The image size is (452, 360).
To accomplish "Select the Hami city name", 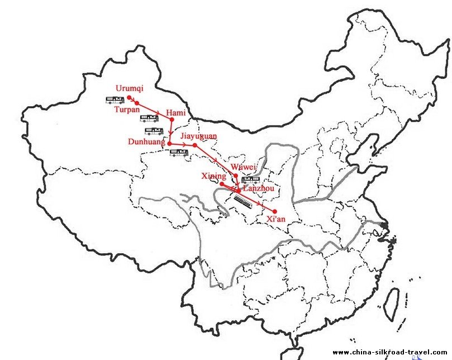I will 175,113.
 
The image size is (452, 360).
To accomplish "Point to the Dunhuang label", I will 146,143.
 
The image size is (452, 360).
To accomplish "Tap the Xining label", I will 213,177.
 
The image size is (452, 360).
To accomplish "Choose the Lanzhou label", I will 259,189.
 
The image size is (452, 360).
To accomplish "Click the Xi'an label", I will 277,219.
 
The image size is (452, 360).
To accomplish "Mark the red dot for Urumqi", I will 129,97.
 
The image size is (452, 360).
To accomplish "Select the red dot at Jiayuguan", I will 194,145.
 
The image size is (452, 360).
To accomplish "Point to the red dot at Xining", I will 222,183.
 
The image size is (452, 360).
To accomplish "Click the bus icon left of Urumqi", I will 115,100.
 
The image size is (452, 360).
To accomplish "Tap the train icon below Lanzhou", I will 244,199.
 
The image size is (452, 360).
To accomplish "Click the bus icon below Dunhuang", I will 179,153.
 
